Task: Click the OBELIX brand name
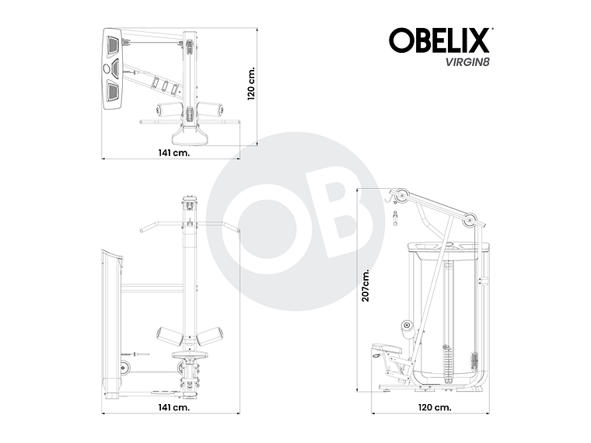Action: [x=439, y=40]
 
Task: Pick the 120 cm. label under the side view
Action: [x=433, y=406]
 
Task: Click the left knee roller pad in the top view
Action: [x=167, y=110]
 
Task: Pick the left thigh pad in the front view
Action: [x=169, y=337]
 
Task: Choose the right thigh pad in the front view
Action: [x=210, y=337]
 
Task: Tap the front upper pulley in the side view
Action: [x=398, y=195]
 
